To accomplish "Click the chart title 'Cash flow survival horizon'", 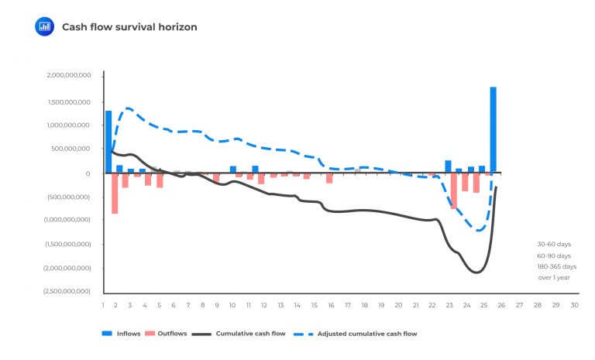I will coord(129,27).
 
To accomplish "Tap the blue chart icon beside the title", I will coord(44,26).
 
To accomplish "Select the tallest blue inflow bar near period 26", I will coord(493,130).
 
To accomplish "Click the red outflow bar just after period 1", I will coord(115,193).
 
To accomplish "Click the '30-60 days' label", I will coord(553,244).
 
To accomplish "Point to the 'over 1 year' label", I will coord(553,277).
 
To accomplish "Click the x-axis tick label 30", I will coord(574,305).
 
